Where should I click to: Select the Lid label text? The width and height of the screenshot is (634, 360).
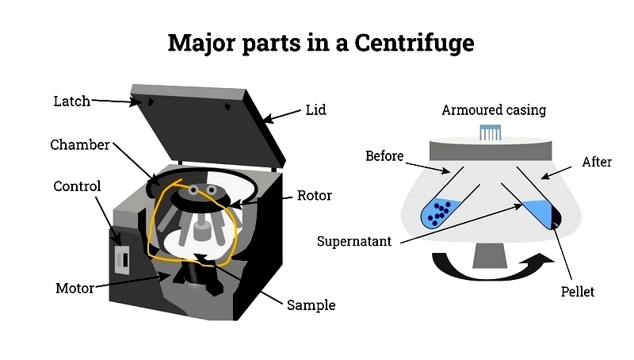[x=316, y=109]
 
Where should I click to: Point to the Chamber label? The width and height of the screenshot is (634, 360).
[x=79, y=144]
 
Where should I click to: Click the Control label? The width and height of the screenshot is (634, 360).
[x=77, y=186]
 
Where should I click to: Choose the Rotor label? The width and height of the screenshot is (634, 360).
[x=314, y=195]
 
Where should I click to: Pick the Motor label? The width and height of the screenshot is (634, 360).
[x=74, y=287]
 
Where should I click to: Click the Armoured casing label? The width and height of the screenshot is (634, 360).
[x=494, y=109]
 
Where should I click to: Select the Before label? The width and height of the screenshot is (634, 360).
[x=384, y=155]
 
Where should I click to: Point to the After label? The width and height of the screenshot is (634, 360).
[x=597, y=162]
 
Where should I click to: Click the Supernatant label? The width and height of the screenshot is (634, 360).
[x=353, y=241]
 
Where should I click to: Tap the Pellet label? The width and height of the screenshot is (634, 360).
[x=576, y=292]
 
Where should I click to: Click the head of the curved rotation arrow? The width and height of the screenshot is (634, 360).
[x=544, y=259]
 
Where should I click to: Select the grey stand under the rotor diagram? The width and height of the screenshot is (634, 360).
[x=488, y=254]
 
